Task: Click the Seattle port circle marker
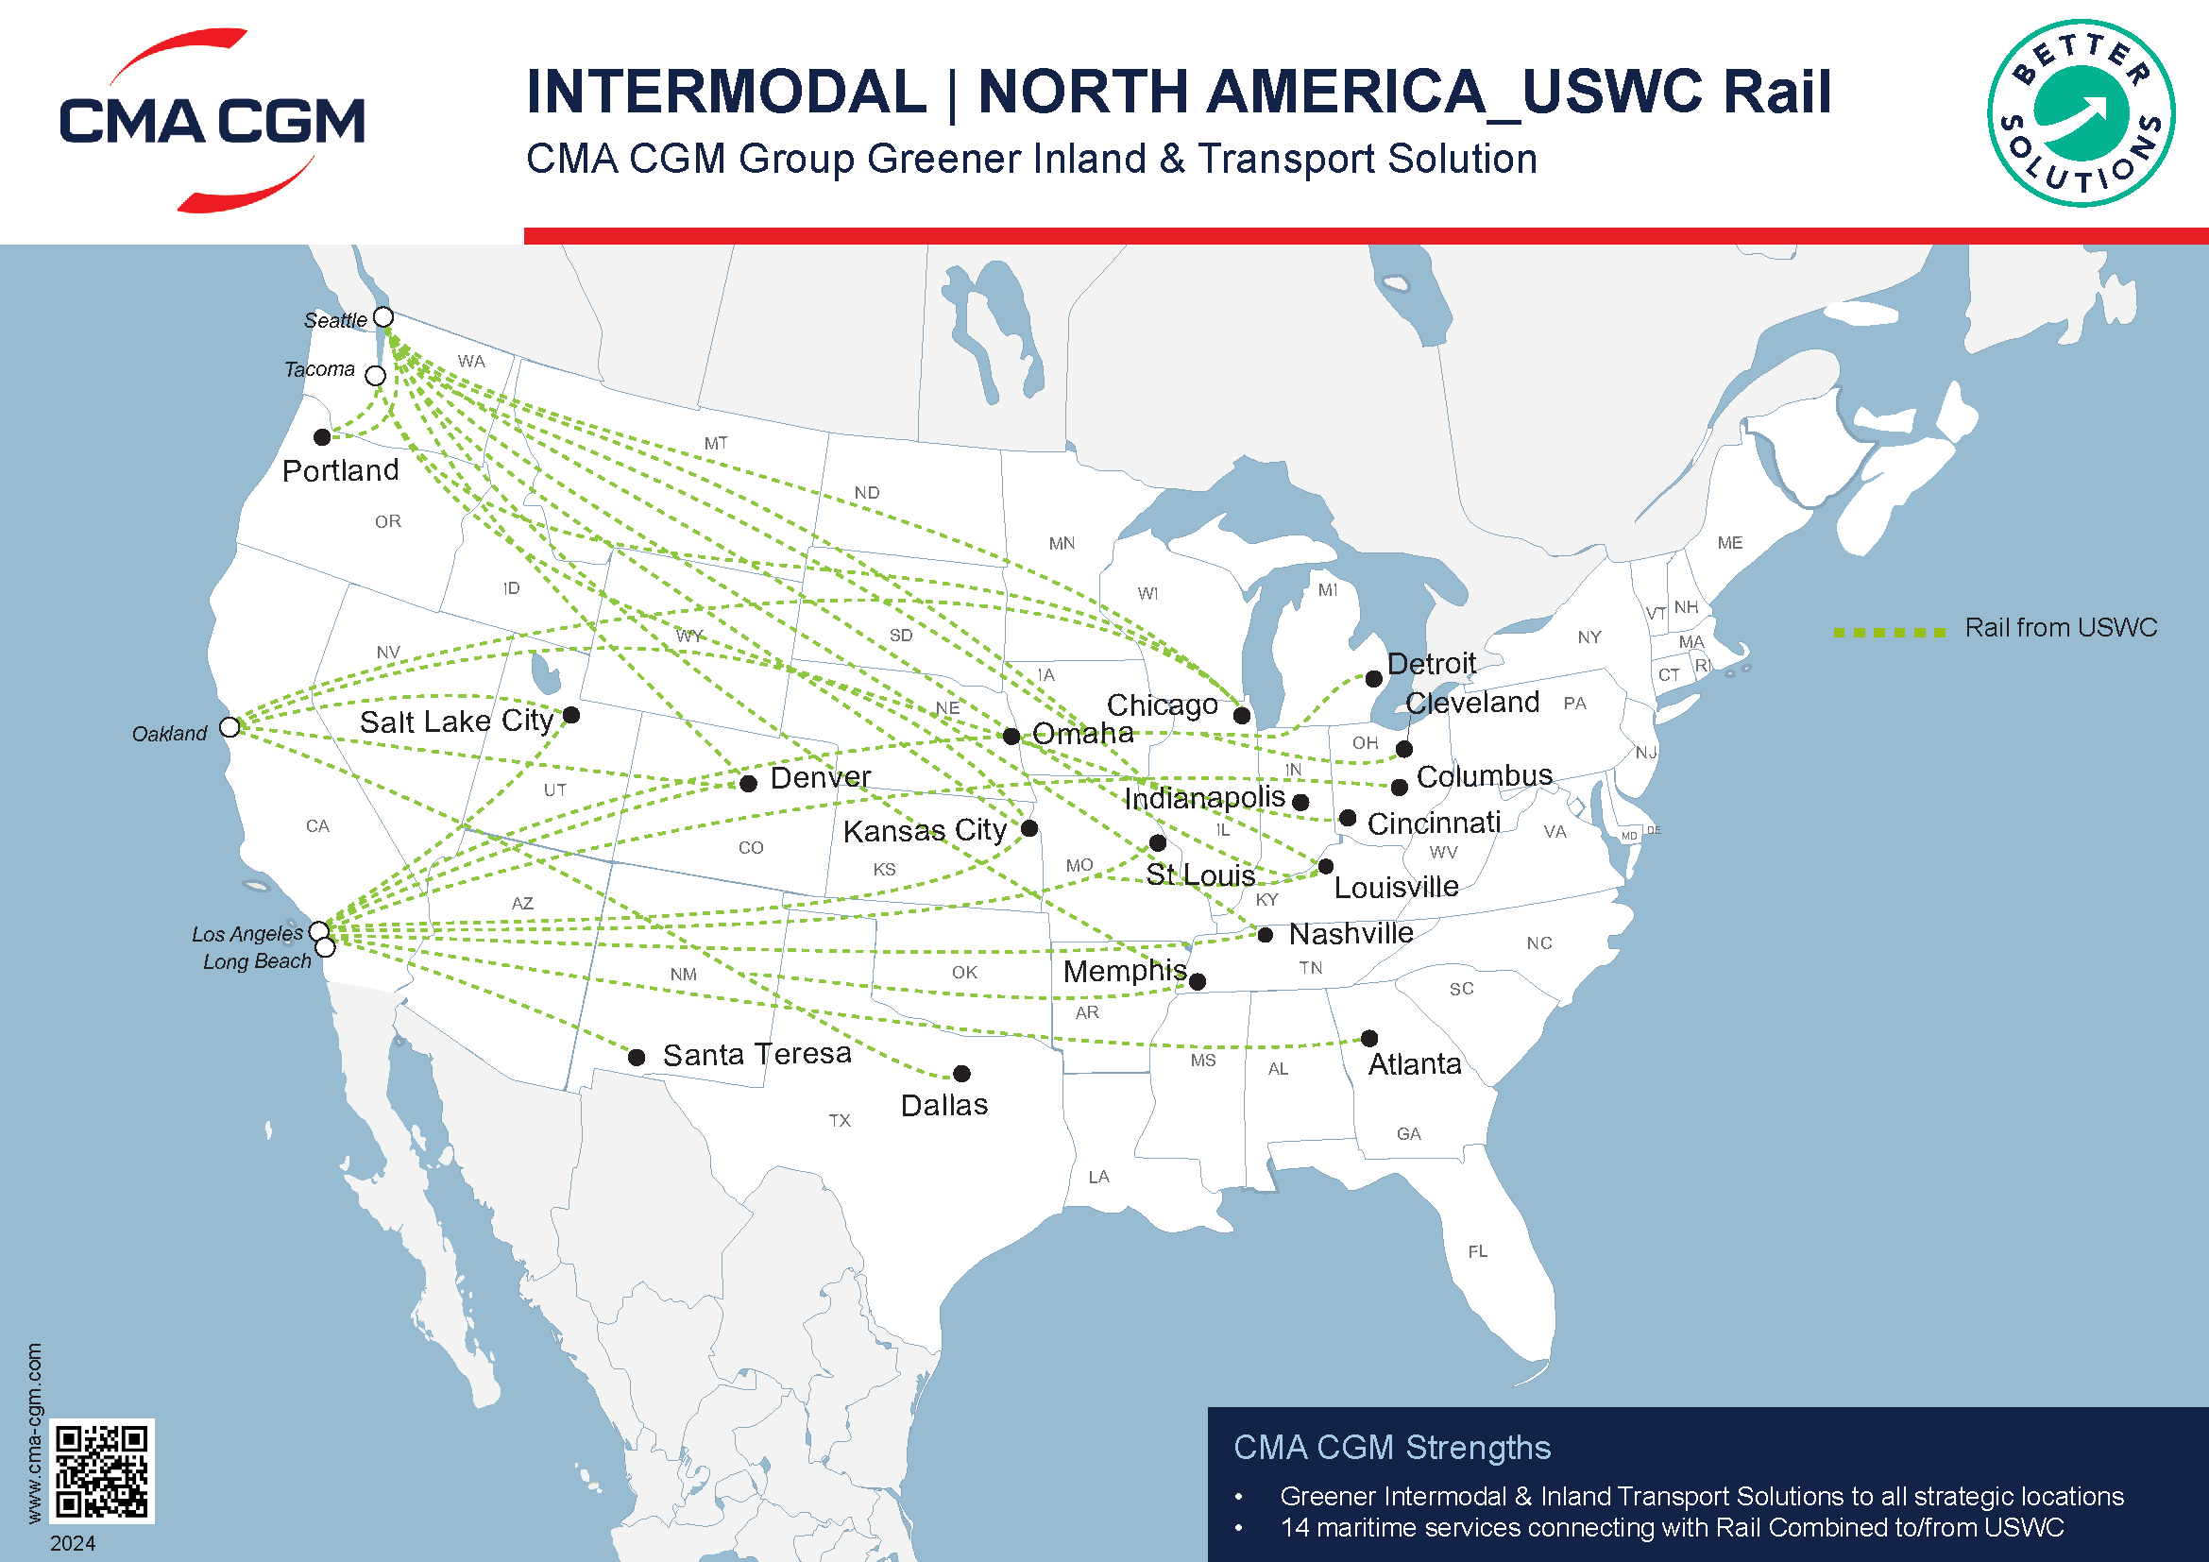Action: click(382, 316)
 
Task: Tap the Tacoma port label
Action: click(319, 369)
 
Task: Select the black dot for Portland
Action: click(322, 437)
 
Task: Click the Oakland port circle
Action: click(229, 727)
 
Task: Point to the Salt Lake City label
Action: click(456, 721)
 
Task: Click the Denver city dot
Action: click(749, 783)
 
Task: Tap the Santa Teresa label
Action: click(756, 1054)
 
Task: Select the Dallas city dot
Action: click(961, 1074)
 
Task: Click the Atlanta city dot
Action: click(1369, 1038)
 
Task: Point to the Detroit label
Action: click(1431, 663)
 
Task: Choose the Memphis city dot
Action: click(1197, 981)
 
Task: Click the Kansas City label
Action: click(924, 830)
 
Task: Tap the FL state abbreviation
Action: click(1477, 1251)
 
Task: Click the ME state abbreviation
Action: click(1729, 542)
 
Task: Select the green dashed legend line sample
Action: click(1889, 632)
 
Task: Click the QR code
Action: click(101, 1469)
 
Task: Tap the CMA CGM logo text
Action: click(212, 121)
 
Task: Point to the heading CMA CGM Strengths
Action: click(1391, 1447)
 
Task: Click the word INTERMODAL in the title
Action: click(726, 93)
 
